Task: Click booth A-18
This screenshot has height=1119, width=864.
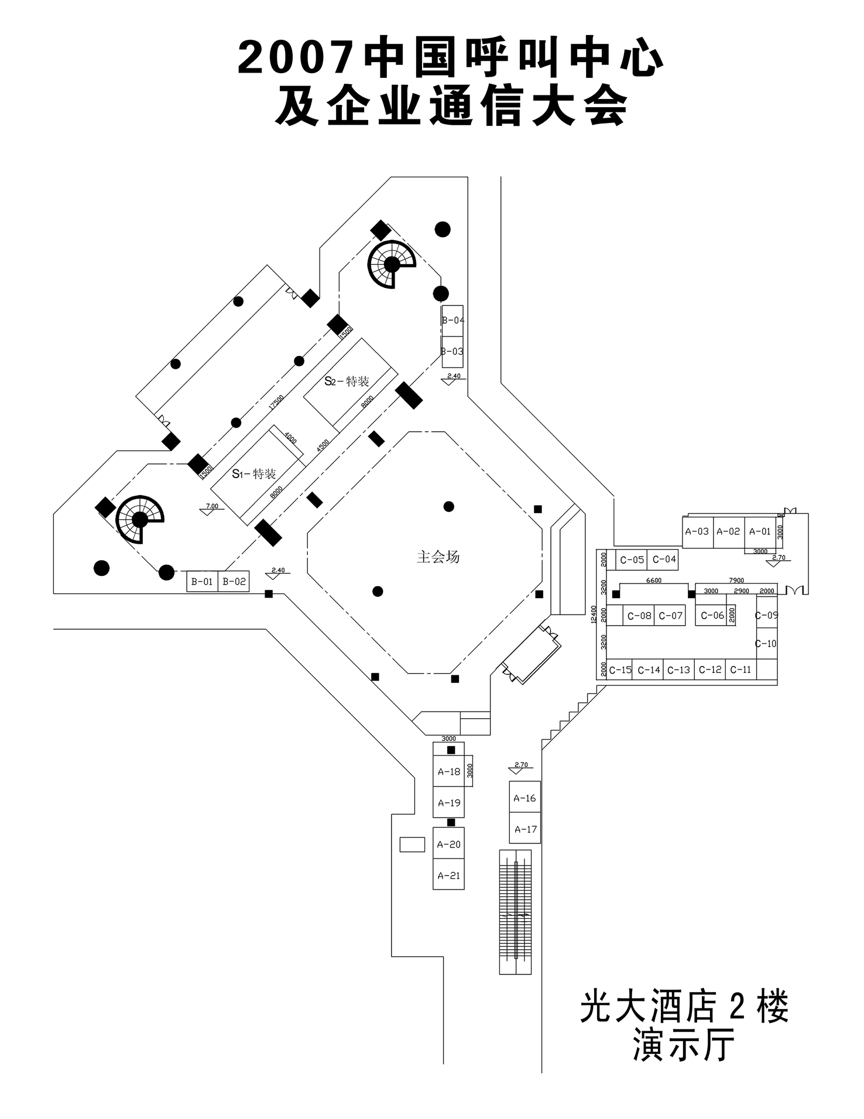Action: coord(449,772)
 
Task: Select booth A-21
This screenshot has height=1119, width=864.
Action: coord(449,876)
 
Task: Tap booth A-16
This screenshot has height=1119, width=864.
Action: coord(524,798)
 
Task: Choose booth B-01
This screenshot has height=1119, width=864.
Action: coord(202,582)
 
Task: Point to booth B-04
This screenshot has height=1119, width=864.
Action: coord(452,320)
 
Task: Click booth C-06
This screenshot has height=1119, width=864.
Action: coord(712,615)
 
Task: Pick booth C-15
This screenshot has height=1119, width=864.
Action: coord(620,670)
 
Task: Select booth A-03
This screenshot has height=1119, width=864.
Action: coord(697,531)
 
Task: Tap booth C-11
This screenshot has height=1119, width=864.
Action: coord(740,670)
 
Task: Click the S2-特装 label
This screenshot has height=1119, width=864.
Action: coord(347,381)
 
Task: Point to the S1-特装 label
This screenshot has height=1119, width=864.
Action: coord(254,473)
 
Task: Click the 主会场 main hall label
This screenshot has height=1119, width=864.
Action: coord(438,557)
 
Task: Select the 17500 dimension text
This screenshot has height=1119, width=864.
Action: coord(276,403)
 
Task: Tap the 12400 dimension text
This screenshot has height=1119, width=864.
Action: coord(595,615)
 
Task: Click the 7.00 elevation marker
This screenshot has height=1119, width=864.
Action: coord(212,506)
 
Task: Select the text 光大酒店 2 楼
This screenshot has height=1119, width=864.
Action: coord(684,1007)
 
